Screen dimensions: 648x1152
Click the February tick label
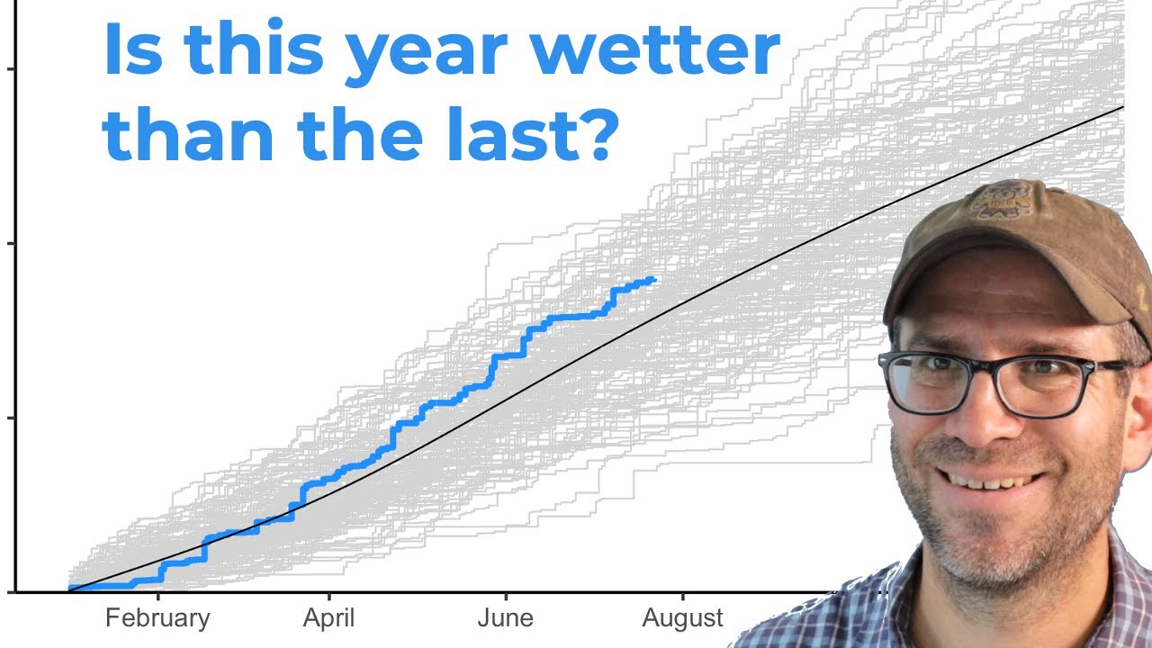click(157, 618)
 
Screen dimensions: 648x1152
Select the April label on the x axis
click(328, 618)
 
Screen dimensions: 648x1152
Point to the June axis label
click(505, 618)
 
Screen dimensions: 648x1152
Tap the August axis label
click(682, 618)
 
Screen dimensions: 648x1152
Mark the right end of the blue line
click(653, 280)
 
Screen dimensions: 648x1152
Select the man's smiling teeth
click(990, 481)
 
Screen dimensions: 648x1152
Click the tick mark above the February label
click(158, 597)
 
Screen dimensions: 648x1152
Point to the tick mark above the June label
click(506, 597)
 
